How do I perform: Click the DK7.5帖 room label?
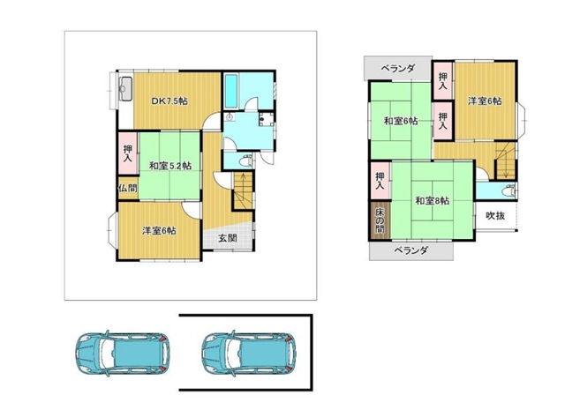(169, 101)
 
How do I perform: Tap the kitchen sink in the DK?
(125, 89)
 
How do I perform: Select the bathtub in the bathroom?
(230, 91)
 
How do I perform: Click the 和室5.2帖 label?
(170, 166)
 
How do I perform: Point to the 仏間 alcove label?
(128, 188)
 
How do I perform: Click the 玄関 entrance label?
(228, 238)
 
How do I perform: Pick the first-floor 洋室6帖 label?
(159, 230)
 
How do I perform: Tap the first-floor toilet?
(246, 160)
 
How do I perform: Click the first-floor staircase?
(244, 190)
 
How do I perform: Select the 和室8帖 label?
(433, 200)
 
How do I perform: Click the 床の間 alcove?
(380, 220)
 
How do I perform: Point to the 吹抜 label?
(495, 216)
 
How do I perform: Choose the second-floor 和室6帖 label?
(401, 121)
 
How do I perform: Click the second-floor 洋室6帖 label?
(485, 101)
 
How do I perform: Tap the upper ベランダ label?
(398, 69)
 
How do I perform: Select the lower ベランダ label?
(411, 250)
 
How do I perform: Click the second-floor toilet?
(510, 190)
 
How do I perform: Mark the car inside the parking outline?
(249, 353)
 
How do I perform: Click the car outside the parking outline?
(124, 353)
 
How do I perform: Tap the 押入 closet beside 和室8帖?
(380, 181)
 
